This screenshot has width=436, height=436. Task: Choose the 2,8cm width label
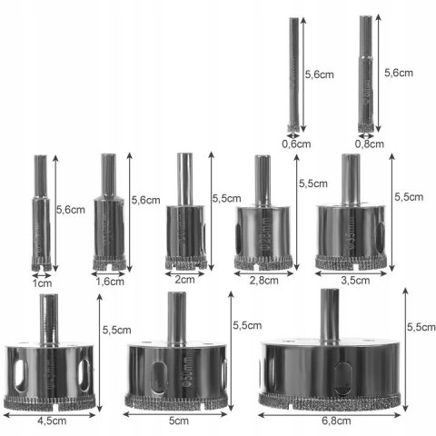point(262,281)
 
